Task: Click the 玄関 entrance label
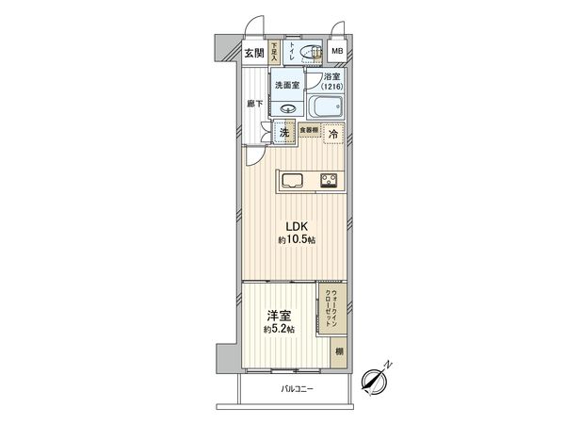pos(254,54)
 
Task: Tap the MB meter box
pos(336,53)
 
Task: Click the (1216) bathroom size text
pos(331,89)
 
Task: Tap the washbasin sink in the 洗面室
pos(288,106)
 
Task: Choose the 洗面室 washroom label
pos(286,85)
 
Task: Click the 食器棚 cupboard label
pos(309,130)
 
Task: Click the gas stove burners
pos(330,180)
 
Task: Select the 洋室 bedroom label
pos(277,316)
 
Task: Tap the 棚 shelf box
pos(337,351)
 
